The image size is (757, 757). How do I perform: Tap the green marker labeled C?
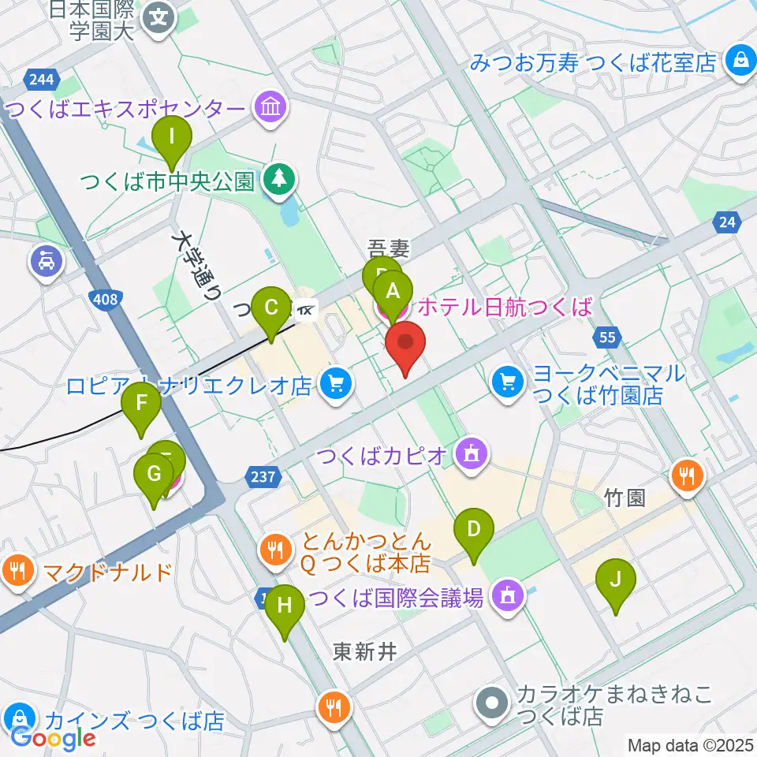[x=270, y=307]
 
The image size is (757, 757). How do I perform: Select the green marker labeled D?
[x=473, y=529]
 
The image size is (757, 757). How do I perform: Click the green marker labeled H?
[x=284, y=606]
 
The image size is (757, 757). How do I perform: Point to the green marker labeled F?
[x=142, y=404]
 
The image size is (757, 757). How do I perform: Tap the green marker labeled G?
[x=154, y=475]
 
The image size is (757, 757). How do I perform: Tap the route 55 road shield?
[x=606, y=338]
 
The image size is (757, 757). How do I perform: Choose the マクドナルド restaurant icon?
[x=17, y=570]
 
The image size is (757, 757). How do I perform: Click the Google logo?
[x=53, y=737]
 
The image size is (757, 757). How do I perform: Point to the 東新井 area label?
[x=364, y=651]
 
